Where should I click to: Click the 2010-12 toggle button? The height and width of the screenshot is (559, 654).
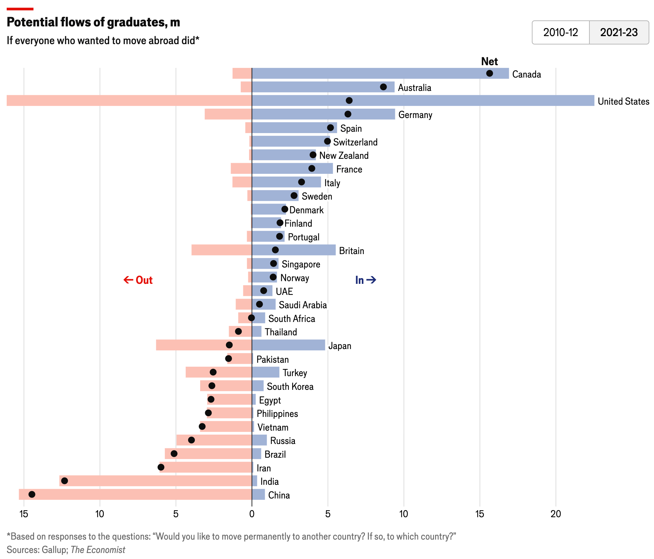pos(561,32)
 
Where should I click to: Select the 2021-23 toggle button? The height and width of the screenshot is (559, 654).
pos(619,32)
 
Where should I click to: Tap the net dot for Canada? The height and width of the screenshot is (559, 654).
pos(489,74)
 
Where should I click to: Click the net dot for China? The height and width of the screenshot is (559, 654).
pos(32,494)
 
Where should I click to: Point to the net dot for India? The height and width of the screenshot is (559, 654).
pos(65,481)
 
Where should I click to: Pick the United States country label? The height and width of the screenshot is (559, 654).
pos(623,101)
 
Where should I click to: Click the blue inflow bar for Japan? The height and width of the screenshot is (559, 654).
pos(288,345)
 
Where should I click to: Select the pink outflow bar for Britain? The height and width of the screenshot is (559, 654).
pos(222,250)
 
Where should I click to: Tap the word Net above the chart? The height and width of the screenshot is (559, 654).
pos(489,62)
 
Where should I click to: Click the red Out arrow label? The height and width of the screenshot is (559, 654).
pos(138,280)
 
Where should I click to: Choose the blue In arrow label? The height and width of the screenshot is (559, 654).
pos(365,280)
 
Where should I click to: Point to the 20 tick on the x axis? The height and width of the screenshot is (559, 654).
pos(556,514)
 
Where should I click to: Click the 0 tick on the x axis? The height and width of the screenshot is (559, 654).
pos(252,514)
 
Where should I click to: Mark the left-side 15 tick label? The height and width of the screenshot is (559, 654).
pos(24,514)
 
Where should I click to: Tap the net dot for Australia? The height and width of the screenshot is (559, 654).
pos(383,87)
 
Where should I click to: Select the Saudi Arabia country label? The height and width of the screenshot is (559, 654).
pos(303,305)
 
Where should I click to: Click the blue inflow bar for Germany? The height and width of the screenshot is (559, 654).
pos(323,114)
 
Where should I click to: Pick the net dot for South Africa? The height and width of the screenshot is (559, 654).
pos(251,318)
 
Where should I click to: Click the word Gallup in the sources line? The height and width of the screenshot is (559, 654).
pos(55,550)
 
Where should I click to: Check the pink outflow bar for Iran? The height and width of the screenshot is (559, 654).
pos(206,467)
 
